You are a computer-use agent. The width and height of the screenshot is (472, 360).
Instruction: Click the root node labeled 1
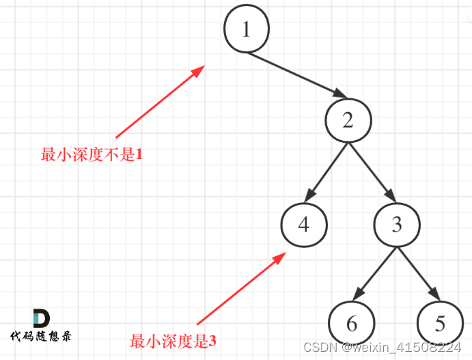pyautogui.click(x=247, y=30)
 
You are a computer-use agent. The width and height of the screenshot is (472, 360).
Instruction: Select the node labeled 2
pyautogui.click(x=348, y=121)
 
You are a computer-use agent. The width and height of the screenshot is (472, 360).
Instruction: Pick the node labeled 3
pyautogui.click(x=397, y=225)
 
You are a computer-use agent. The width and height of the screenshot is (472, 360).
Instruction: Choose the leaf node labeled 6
pyautogui.click(x=352, y=323)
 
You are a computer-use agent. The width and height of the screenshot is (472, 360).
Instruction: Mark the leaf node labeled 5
pyautogui.click(x=440, y=323)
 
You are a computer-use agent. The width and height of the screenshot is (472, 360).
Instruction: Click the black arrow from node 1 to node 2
pyautogui.click(x=297, y=75)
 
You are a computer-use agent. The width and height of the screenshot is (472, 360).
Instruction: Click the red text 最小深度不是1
pyautogui.click(x=92, y=154)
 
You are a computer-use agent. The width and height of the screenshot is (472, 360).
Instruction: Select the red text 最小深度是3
pyautogui.click(x=173, y=340)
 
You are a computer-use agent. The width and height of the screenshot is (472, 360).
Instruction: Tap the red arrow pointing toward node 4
pyautogui.click(x=240, y=288)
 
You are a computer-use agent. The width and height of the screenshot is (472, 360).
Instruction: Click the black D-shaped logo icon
pyautogui.click(x=41, y=318)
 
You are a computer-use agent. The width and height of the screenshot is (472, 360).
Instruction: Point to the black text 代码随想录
pyautogui.click(x=41, y=336)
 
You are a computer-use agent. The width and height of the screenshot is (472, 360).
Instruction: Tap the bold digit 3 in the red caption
pyautogui.click(x=212, y=340)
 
